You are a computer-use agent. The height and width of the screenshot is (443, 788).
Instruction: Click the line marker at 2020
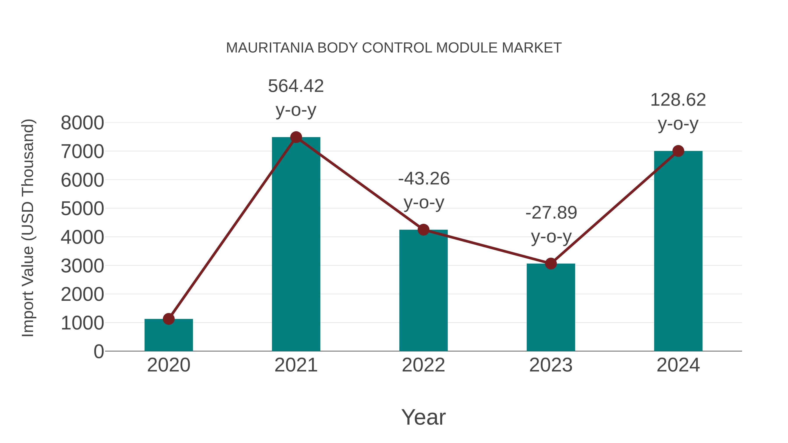pos(169,319)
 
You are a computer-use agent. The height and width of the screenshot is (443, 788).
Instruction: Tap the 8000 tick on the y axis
pos(82,123)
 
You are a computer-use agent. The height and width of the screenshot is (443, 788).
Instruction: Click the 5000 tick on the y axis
pos(82,209)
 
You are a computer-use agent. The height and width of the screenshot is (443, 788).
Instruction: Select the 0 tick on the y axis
pos(98,351)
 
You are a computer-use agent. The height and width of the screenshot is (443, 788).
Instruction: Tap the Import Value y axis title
pos(28,228)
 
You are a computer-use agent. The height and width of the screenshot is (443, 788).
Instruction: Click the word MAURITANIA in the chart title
pos(270,48)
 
